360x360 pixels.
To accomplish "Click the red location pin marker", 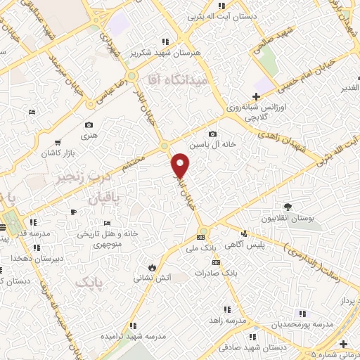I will [181, 165].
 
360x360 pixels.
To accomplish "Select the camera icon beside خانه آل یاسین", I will [212, 134].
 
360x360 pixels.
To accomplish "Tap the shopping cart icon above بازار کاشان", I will [66, 141].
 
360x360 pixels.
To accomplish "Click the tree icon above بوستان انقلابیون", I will [288, 206].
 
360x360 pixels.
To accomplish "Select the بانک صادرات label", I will [212, 273].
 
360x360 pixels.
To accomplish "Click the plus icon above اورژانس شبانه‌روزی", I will [257, 96].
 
